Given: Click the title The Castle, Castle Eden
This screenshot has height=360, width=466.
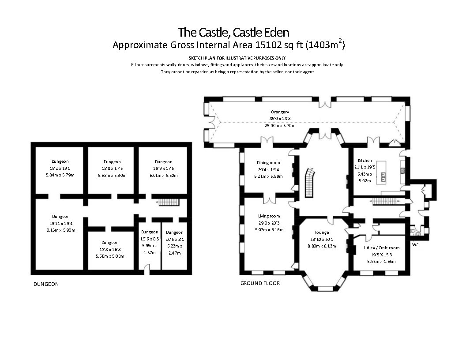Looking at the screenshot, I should pyautogui.click(x=233, y=32).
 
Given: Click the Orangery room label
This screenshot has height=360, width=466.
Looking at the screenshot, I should pyautogui.click(x=280, y=112).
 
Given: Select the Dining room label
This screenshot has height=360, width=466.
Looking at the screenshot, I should pyautogui.click(x=269, y=163).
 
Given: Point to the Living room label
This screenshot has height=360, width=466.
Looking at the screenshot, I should pyautogui.click(x=269, y=216).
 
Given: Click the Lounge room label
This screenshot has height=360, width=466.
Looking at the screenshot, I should pyautogui.click(x=322, y=232).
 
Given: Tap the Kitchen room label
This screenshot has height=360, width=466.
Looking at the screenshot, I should pyautogui.click(x=365, y=161).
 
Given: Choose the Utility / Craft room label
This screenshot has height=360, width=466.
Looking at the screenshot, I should pyautogui.click(x=381, y=248).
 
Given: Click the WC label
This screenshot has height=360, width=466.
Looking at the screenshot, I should pyautogui.click(x=415, y=244).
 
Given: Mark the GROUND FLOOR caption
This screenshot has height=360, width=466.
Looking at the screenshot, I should pyautogui.click(x=260, y=283).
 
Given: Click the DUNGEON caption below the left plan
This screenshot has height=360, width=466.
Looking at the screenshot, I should pyautogui.click(x=46, y=284).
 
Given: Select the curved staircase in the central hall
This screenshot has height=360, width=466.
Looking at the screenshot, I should pyautogui.click(x=311, y=183).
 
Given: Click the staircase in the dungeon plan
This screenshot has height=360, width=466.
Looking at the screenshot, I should pyautogui.click(x=169, y=202).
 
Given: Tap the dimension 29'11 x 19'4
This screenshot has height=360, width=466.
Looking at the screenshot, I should pyautogui.click(x=60, y=224).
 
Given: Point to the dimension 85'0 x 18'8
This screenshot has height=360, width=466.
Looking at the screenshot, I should pyautogui.click(x=280, y=119).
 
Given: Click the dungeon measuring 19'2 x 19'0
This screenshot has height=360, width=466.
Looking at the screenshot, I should pyautogui.click(x=60, y=168).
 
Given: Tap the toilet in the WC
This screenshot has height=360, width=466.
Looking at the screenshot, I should pyautogui.click(x=413, y=230).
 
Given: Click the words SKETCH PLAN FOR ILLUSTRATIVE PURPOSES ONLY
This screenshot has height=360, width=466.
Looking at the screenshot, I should pyautogui.click(x=237, y=58).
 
